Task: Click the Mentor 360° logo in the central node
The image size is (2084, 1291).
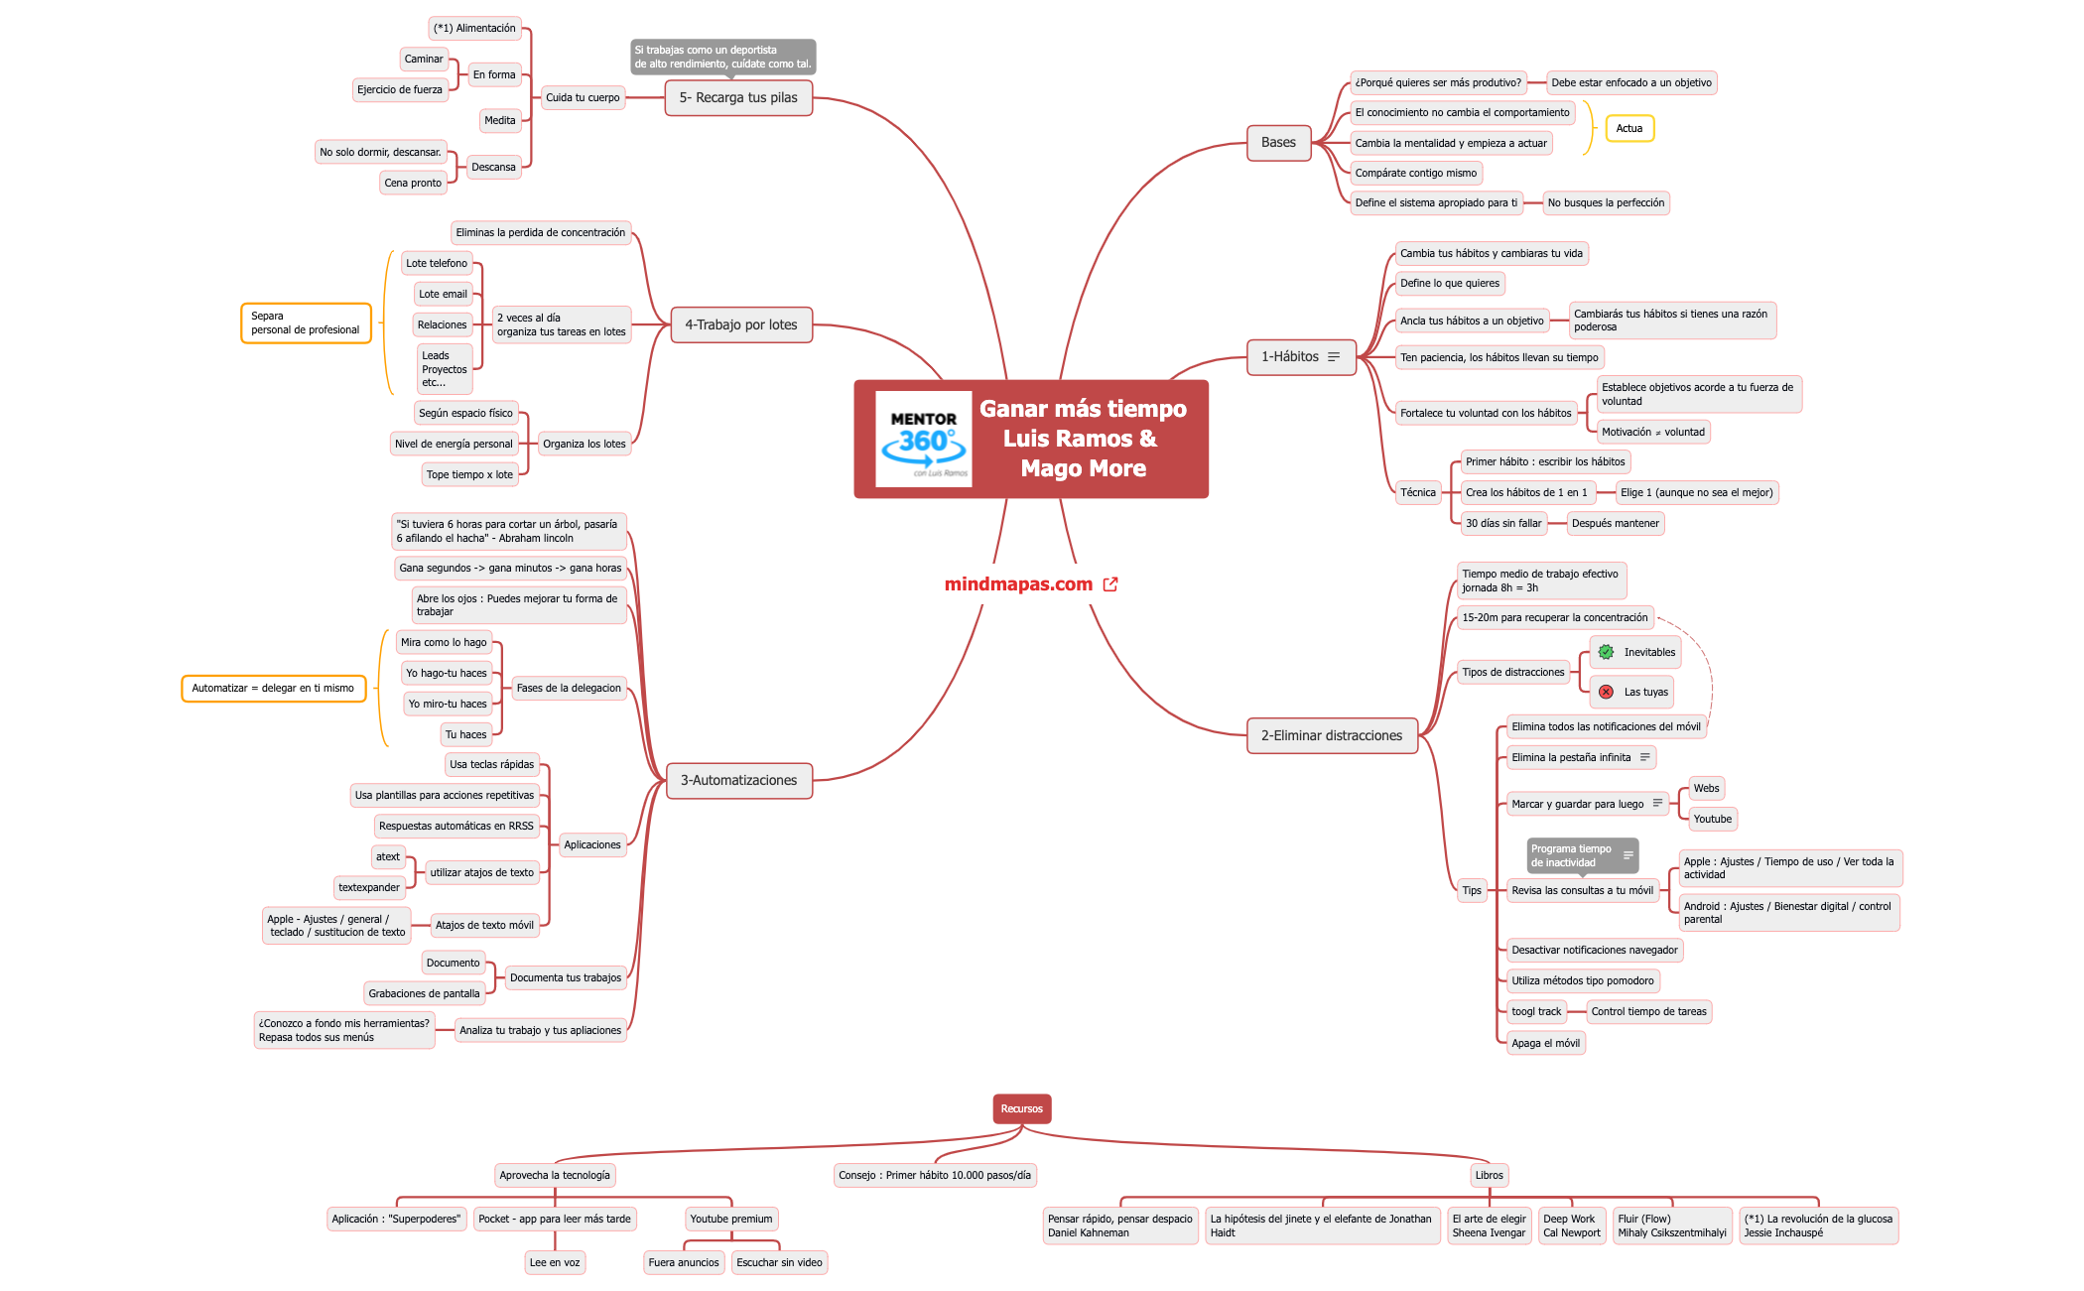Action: tap(923, 439)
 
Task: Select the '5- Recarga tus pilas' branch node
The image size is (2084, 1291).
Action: tap(738, 97)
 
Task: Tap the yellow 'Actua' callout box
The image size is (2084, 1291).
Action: tap(1629, 128)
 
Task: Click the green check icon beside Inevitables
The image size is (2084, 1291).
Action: tap(1606, 652)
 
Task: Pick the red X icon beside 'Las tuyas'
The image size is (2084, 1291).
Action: tap(1606, 692)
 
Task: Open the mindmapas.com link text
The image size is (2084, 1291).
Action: tap(1018, 584)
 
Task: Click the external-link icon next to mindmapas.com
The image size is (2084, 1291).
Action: tap(1110, 584)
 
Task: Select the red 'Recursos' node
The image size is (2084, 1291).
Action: tap(1022, 1108)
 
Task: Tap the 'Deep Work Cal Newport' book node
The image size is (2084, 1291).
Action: tap(1572, 1226)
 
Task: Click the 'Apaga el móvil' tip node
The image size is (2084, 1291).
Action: tap(1545, 1043)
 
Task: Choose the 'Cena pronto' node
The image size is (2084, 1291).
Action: tap(413, 183)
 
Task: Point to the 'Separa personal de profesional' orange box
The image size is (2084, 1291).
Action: tap(306, 323)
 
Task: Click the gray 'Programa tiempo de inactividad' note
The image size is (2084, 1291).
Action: tap(1582, 855)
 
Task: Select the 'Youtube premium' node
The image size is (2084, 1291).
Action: tap(731, 1219)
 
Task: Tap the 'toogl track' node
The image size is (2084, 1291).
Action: tap(1536, 1011)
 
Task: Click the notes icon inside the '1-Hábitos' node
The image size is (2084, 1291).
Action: tap(1334, 357)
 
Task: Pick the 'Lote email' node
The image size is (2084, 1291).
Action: tap(443, 294)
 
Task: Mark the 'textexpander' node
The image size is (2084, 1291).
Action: tap(369, 887)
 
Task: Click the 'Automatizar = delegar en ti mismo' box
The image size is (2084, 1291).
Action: tap(273, 688)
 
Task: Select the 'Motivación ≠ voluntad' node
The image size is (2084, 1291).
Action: tap(1653, 432)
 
